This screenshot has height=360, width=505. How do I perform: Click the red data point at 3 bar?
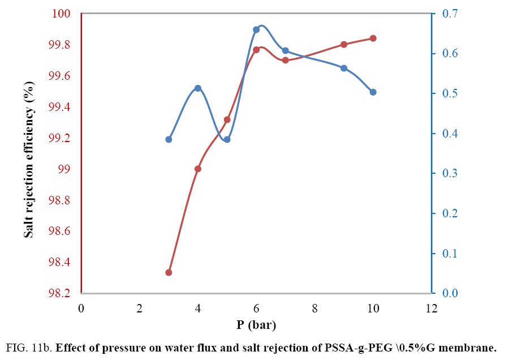pyautogui.click(x=169, y=272)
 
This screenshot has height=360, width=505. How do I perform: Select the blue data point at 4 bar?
pyautogui.click(x=198, y=88)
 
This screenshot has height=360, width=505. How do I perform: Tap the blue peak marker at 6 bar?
pyautogui.click(x=256, y=29)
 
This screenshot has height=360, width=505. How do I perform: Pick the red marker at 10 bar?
pyautogui.click(x=373, y=38)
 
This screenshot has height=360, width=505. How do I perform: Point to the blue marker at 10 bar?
pyautogui.click(x=373, y=92)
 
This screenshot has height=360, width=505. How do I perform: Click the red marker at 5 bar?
pyautogui.click(x=227, y=119)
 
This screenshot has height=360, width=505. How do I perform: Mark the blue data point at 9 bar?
pyautogui.click(x=344, y=68)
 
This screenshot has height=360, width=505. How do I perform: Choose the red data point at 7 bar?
pyautogui.click(x=286, y=60)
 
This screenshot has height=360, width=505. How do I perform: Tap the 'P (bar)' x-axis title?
pyautogui.click(x=256, y=325)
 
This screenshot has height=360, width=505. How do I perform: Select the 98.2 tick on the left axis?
pyautogui.click(x=60, y=293)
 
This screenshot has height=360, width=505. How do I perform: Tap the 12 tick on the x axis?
pyautogui.click(x=431, y=308)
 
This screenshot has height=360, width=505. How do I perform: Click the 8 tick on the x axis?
pyautogui.click(x=314, y=308)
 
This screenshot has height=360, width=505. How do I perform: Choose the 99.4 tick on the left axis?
pyautogui.click(x=60, y=107)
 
